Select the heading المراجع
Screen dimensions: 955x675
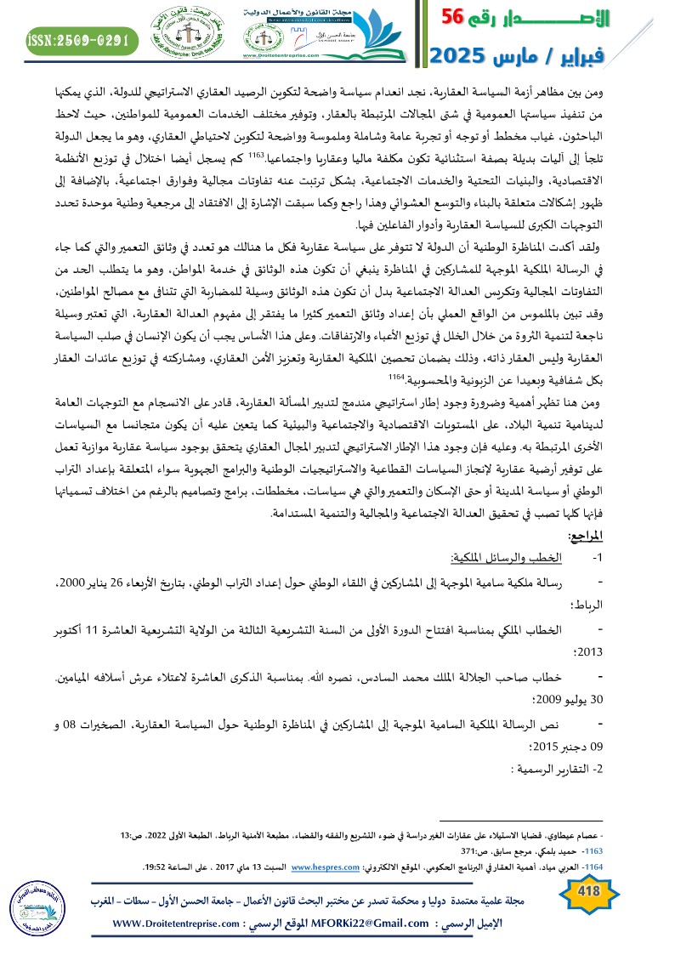point(636,535)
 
